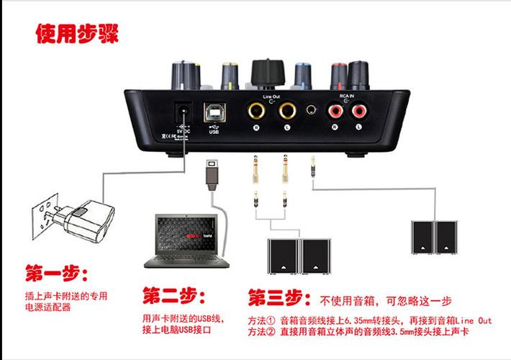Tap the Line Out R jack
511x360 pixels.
[256, 112]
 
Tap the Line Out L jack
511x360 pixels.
[288, 112]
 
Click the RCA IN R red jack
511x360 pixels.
[335, 112]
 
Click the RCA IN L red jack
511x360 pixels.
[358, 112]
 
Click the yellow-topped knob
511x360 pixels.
[231, 72]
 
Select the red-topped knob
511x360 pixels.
[338, 73]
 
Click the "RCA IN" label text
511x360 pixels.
[347, 95]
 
